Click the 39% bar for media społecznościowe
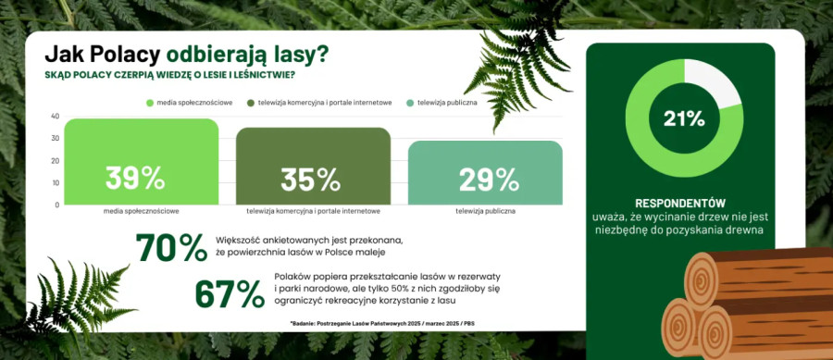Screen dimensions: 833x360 (x=142, y=161)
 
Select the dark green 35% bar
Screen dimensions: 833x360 (x=314, y=167)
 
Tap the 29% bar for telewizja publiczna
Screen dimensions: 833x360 (x=485, y=172)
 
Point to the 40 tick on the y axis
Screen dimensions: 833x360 (x=55, y=117)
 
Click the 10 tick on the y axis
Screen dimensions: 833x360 (x=55, y=182)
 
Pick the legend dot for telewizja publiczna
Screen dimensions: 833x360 (x=410, y=103)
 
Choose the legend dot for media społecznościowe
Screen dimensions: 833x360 (x=149, y=103)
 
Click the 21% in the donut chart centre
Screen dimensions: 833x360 (x=684, y=119)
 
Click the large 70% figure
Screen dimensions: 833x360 (x=171, y=247)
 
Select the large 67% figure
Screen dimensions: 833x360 (x=230, y=293)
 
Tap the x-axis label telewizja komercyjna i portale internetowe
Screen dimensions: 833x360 (x=314, y=211)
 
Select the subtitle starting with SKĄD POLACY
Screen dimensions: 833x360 (x=170, y=75)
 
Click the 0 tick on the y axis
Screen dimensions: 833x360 (x=56, y=205)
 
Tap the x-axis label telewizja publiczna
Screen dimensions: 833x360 (x=485, y=211)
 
